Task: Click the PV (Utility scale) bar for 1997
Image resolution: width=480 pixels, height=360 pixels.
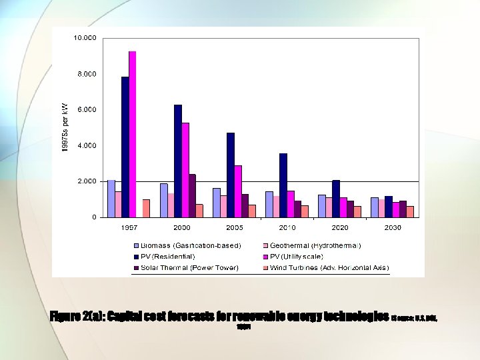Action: (x=132, y=134)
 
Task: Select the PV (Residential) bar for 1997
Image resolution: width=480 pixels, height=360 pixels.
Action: (x=125, y=147)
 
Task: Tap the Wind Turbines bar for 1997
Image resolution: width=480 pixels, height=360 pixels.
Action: (x=146, y=208)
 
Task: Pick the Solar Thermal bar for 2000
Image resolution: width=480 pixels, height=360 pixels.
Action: (x=192, y=195)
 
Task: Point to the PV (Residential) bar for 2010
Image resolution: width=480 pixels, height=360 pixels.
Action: (x=283, y=185)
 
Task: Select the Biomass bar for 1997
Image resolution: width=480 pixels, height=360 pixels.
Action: (x=111, y=198)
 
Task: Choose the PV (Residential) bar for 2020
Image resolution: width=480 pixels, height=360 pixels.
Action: (x=336, y=198)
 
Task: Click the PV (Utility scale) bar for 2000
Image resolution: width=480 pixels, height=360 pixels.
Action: (x=185, y=169)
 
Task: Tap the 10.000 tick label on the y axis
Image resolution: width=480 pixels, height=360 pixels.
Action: (x=85, y=38)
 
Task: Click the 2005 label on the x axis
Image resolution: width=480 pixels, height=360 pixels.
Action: (x=234, y=227)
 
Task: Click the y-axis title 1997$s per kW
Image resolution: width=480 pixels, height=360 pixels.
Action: (x=65, y=127)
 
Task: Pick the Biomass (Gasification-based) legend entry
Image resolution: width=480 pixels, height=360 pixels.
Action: (x=191, y=245)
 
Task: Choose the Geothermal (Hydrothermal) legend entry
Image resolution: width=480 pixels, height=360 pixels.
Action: (x=315, y=245)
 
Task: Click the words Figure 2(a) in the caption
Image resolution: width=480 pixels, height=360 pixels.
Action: (x=76, y=316)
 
